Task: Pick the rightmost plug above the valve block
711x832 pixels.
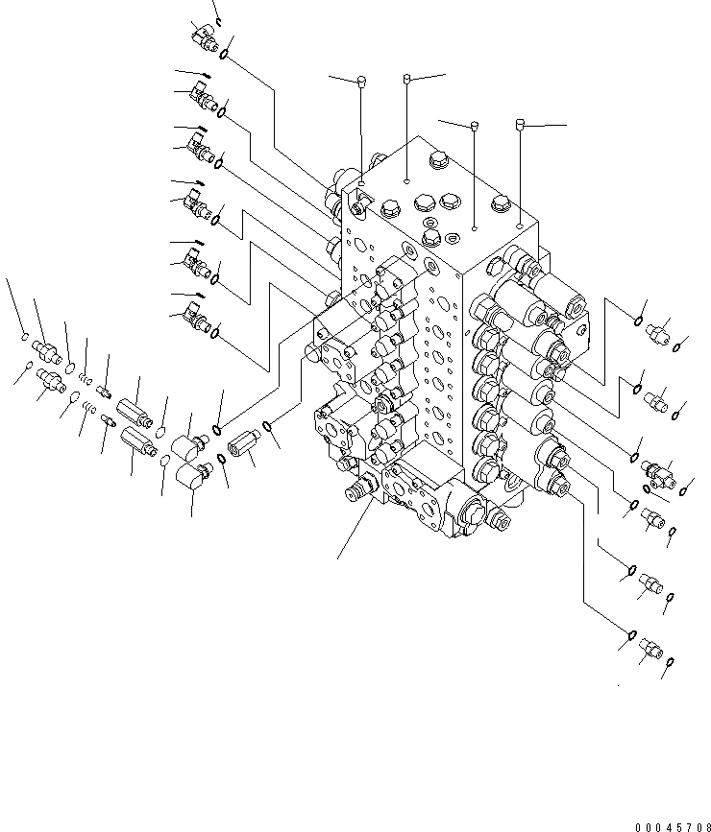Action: point(519,123)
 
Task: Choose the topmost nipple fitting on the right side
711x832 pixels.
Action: point(660,332)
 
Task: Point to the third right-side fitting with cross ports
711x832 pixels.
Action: point(659,470)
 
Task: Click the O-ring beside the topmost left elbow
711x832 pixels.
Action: point(225,55)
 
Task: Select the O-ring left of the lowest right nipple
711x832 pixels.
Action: point(631,634)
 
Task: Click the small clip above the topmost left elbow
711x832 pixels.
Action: point(219,20)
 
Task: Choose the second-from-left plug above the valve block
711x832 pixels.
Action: point(407,77)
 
